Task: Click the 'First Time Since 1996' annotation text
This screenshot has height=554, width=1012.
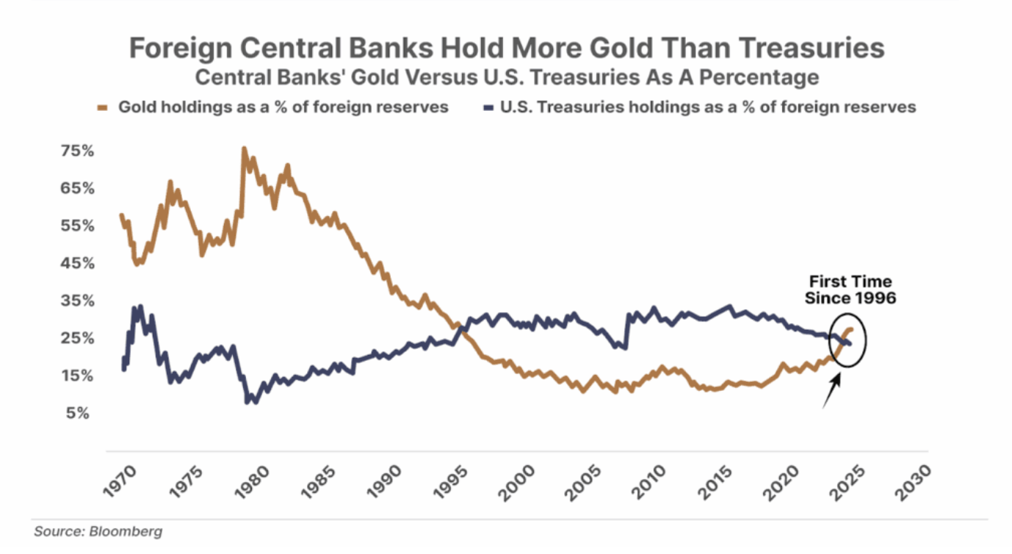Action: [850, 289]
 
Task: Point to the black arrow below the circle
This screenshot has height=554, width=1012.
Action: [833, 390]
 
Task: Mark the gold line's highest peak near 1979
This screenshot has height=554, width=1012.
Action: [244, 148]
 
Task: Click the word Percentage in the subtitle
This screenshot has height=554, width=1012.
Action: [778, 76]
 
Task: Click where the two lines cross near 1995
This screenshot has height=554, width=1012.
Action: [458, 325]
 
